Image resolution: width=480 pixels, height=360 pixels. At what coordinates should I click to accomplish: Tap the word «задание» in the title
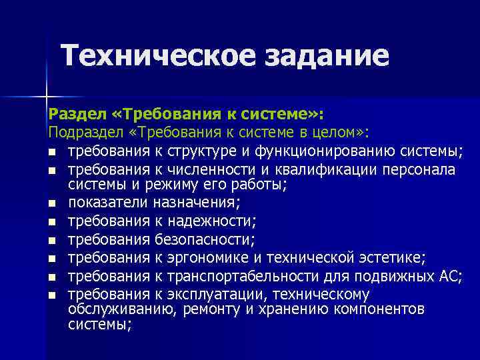point(327,55)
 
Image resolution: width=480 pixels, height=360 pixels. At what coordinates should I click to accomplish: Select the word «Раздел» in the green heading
point(71,112)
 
